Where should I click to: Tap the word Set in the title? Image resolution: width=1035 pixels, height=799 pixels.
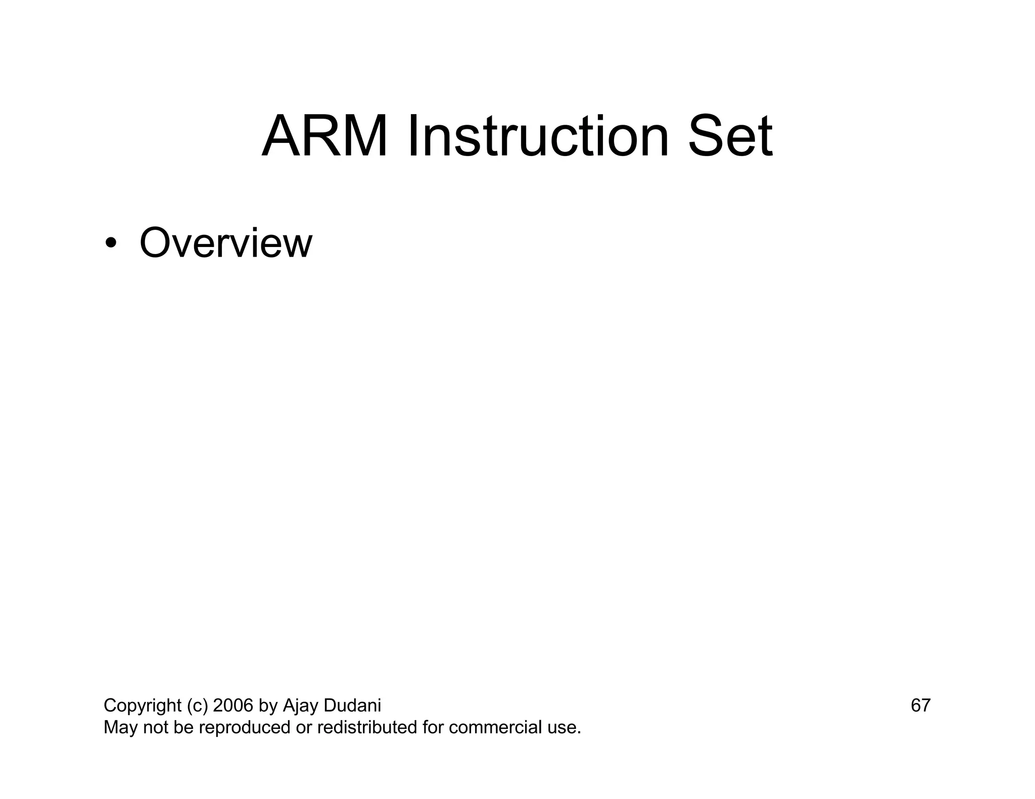tap(730, 136)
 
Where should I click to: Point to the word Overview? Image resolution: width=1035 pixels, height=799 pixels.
tap(225, 243)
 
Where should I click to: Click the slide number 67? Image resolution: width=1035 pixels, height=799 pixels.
tap(920, 706)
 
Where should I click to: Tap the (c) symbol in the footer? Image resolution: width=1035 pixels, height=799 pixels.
tap(197, 706)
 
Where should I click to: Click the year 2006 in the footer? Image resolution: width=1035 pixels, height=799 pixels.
tap(232, 706)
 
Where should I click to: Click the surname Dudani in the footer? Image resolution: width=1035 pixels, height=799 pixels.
tap(352, 706)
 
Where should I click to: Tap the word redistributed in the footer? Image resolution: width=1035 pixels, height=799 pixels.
tap(367, 728)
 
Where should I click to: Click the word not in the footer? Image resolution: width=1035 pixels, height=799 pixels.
tap(155, 728)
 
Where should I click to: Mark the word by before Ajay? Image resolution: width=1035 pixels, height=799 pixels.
tap(268, 706)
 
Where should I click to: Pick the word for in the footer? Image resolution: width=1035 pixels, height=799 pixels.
tap(433, 728)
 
